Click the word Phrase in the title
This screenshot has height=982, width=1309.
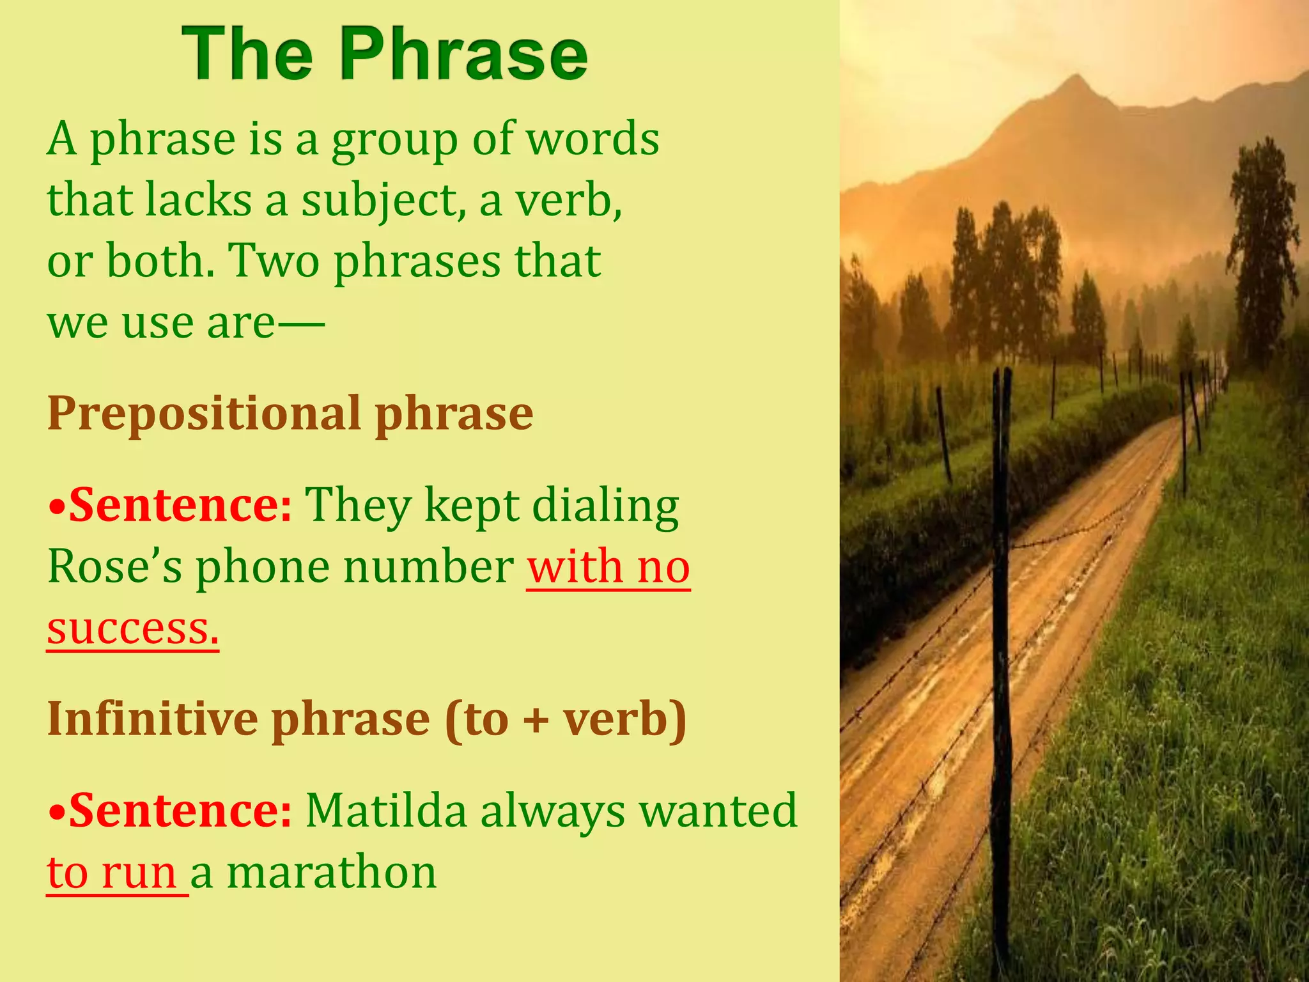pos(465,54)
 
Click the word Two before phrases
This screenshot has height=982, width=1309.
pos(274,261)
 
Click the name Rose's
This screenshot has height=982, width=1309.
pos(115,567)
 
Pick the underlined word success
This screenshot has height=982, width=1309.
pos(132,629)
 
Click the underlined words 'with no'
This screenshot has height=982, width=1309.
pos(608,567)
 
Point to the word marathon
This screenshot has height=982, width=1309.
pos(332,873)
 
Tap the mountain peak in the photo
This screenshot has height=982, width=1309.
pos(1076,79)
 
